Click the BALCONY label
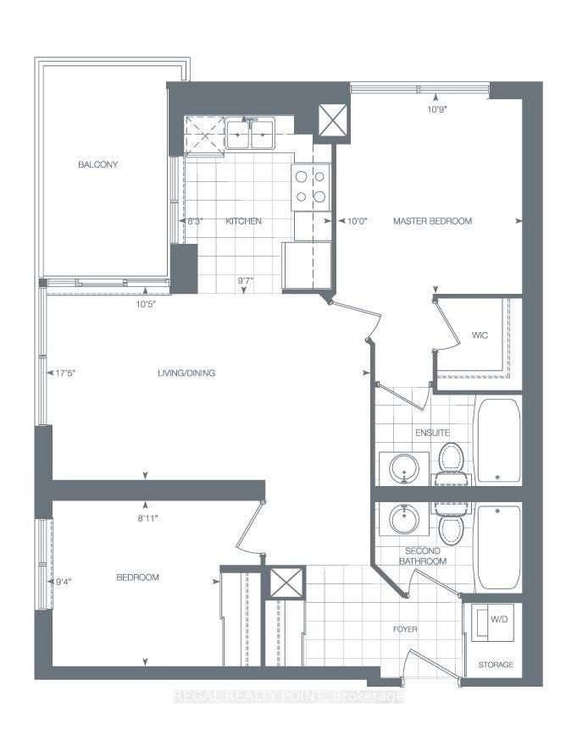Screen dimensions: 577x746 point(97,164)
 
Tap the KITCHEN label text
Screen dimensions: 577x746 point(243,221)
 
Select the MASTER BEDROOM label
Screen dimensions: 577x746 point(432,221)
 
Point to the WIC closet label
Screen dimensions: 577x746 point(480,335)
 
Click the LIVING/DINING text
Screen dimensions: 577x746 point(186,373)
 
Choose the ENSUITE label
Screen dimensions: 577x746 point(432,433)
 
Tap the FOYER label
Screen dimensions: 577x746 point(405,629)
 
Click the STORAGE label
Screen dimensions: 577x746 point(496,665)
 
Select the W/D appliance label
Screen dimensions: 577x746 point(499,620)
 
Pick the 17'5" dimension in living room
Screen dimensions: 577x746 point(65,373)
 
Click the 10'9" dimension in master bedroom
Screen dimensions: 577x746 point(437,109)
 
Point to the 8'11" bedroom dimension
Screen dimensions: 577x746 point(147,518)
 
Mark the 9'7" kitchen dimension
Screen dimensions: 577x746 point(245,280)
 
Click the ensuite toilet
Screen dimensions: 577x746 point(451,463)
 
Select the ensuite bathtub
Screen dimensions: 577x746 point(498,440)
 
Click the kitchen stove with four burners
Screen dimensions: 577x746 point(311,187)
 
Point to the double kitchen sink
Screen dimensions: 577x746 point(250,135)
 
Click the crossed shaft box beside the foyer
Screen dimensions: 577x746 point(286,583)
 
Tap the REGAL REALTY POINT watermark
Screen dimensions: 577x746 point(288,697)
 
